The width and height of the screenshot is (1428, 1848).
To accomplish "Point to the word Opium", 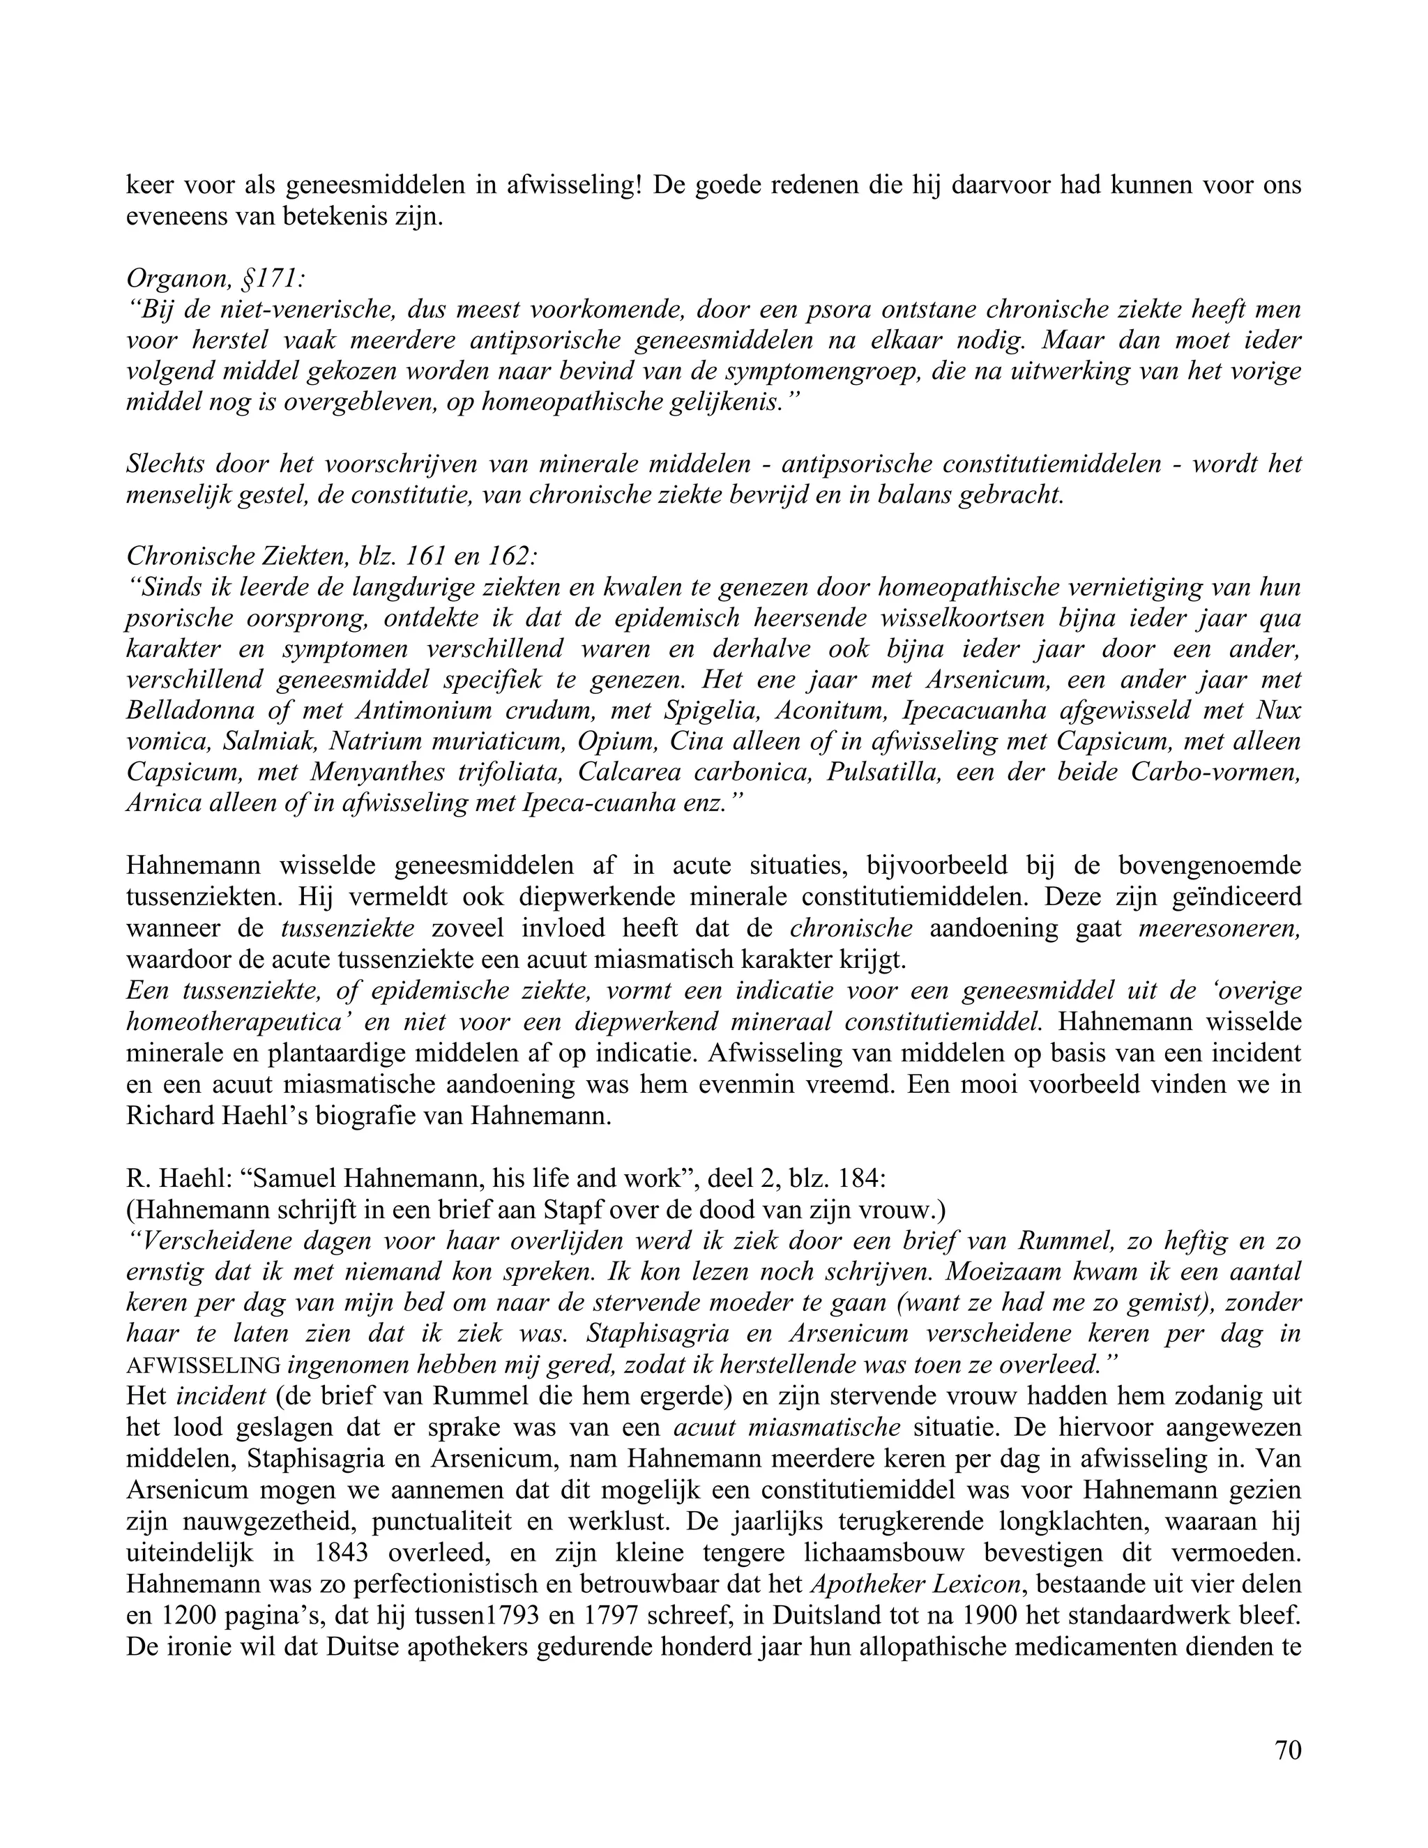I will (616, 741).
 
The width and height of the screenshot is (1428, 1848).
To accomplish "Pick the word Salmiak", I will (266, 741).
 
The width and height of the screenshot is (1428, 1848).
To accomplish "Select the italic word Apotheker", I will (872, 1584).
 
